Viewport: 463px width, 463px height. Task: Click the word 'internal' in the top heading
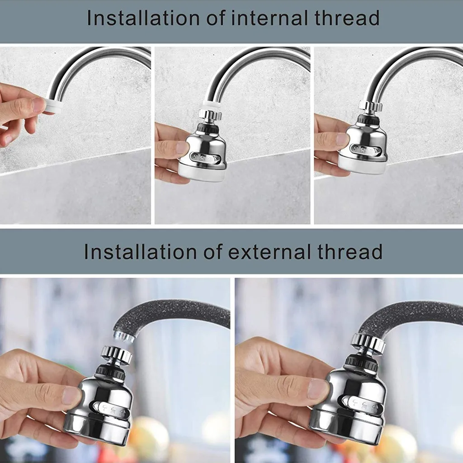coord(261,18)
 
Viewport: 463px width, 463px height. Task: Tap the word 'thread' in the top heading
coord(346,18)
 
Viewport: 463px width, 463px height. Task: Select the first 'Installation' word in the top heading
coord(144,18)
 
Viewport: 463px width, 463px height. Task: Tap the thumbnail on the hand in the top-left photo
coord(39,104)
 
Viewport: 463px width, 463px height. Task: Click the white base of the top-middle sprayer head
coord(202,172)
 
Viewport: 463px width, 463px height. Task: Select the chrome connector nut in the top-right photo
coord(371,106)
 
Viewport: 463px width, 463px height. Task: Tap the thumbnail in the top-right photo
coord(342,139)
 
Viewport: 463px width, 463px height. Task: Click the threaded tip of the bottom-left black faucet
coord(123,336)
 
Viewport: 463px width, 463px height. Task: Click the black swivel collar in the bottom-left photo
coord(111,372)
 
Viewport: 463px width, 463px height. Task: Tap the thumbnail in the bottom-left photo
coord(71,395)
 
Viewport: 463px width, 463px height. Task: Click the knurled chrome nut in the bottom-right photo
coord(368,343)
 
